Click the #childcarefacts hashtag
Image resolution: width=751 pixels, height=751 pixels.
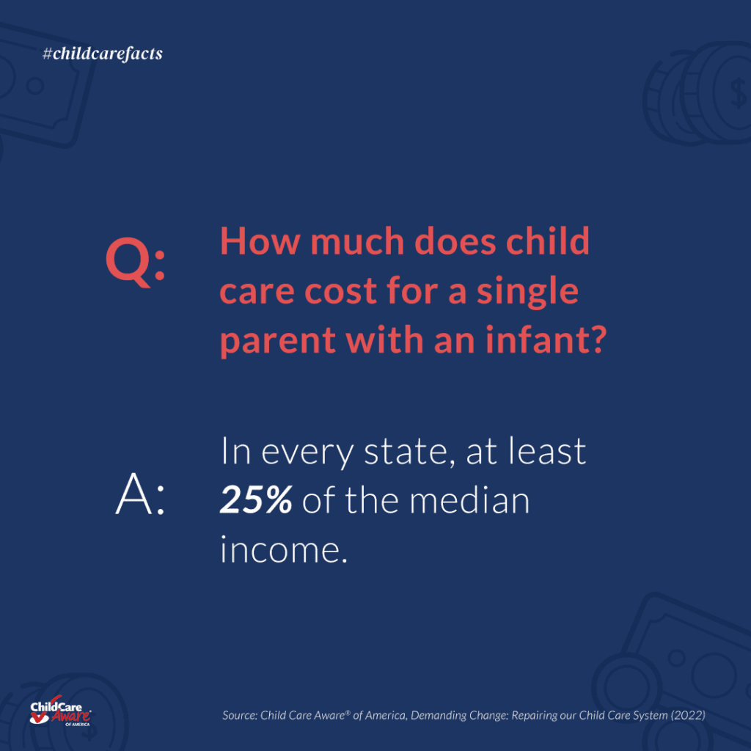103,54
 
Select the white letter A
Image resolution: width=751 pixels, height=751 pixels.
134,494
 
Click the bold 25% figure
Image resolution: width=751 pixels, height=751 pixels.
256,500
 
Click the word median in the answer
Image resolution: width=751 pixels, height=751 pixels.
469,500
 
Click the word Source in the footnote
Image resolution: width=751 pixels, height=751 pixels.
240,715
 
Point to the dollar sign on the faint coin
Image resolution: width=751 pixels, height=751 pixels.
738,93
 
